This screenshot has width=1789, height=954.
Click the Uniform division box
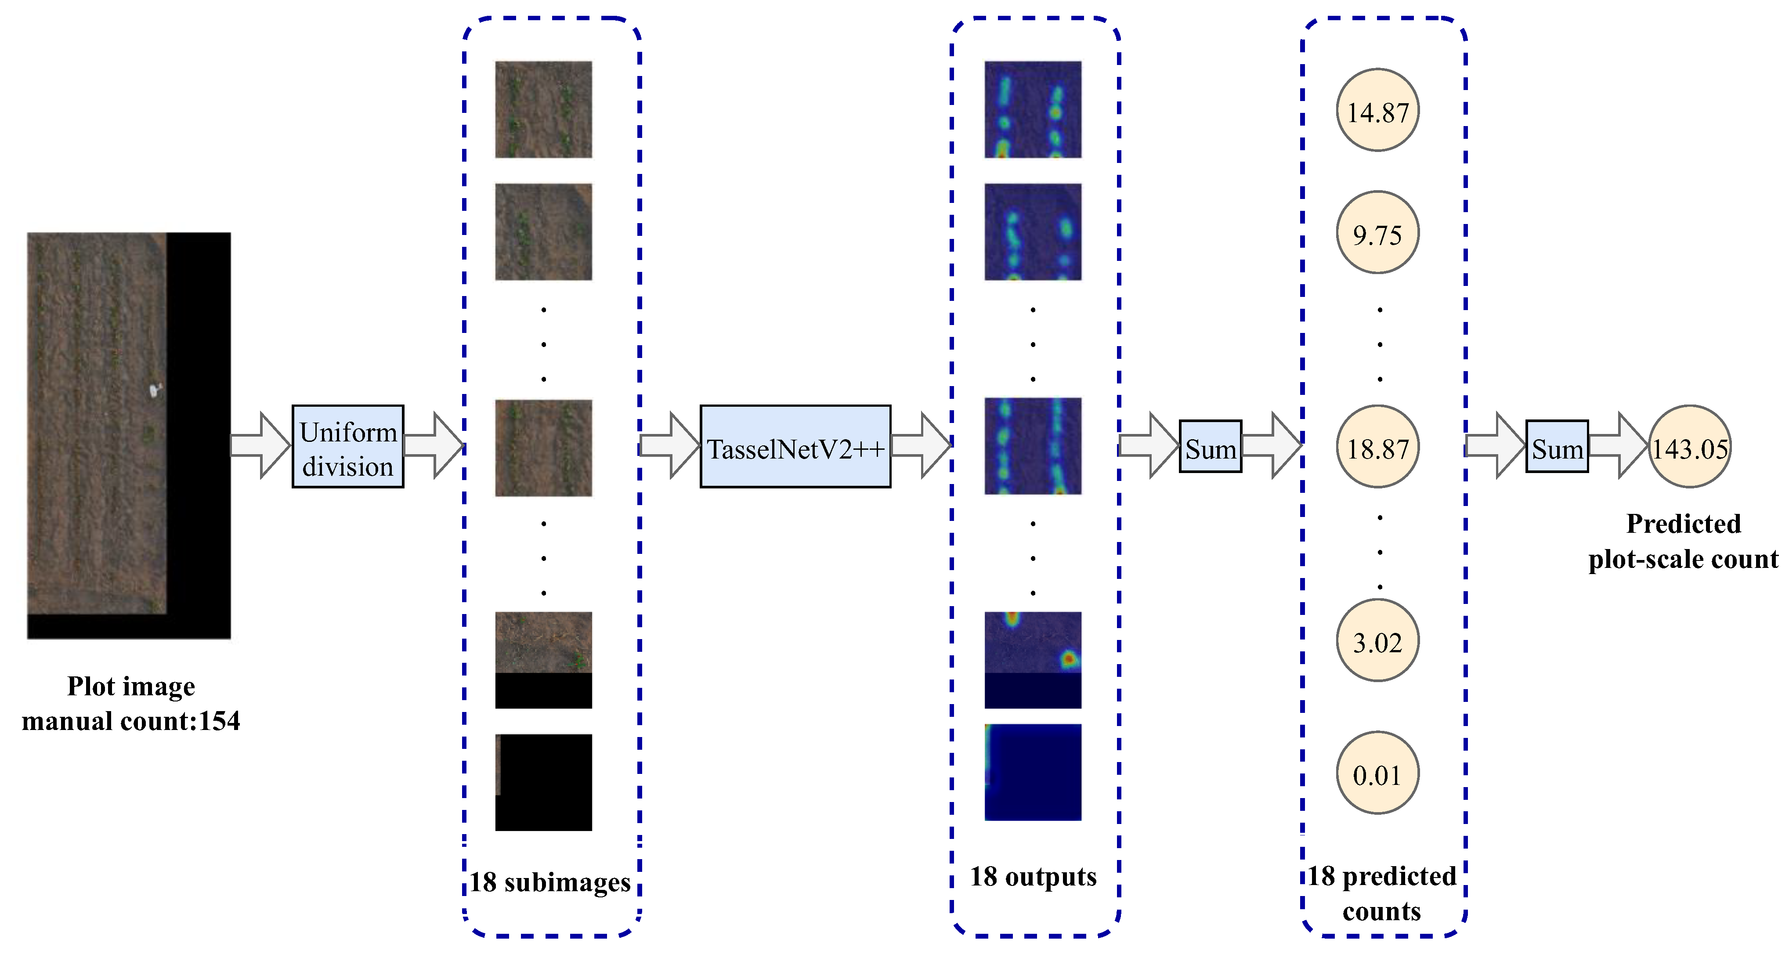[347, 446]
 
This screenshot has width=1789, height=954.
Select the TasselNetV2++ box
[795, 446]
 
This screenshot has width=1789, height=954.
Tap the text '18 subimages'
[550, 882]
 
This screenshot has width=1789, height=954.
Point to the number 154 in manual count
[220, 721]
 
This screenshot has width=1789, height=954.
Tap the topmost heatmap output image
[1033, 110]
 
